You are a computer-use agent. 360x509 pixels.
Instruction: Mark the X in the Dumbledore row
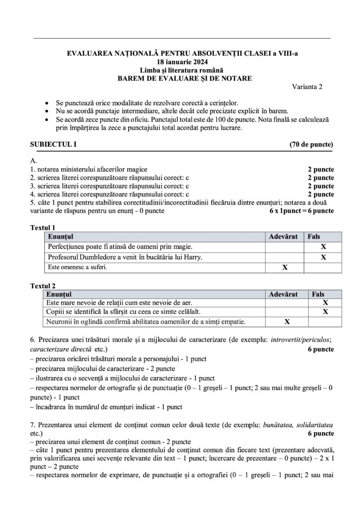(x=323, y=257)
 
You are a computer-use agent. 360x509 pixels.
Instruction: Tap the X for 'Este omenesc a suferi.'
(x=285, y=267)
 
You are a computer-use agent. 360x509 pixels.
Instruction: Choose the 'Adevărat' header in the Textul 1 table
(x=283, y=237)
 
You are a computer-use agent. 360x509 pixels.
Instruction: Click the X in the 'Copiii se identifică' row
(x=325, y=312)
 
